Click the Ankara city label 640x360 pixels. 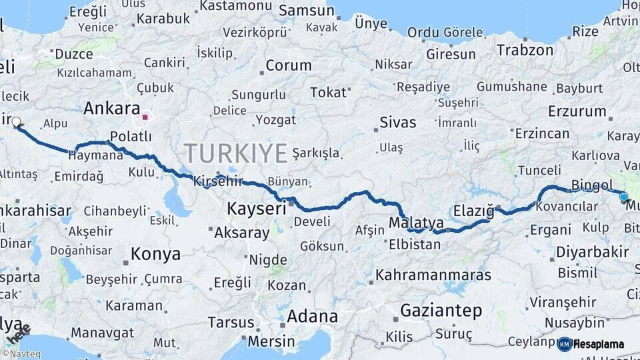112,109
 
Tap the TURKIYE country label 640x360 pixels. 236,153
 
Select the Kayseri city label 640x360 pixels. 256,208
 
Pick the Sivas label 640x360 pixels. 397,123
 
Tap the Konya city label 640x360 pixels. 155,254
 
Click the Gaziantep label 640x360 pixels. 441,311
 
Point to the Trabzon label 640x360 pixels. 525,50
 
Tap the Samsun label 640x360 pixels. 306,11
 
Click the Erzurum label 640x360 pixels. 577,111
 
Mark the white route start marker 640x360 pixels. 16,122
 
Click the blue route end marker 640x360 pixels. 623,197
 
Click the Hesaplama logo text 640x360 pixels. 601,345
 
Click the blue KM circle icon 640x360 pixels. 565,344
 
